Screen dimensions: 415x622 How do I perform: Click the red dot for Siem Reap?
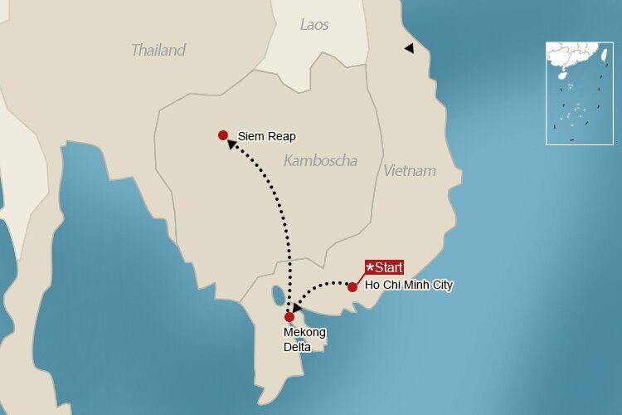[222, 135]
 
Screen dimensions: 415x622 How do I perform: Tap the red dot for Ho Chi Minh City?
[352, 287]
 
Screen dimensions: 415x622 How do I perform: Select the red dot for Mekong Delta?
[289, 317]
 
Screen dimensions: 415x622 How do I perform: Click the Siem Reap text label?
[266, 136]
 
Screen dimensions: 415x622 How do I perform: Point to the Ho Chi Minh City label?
[409, 286]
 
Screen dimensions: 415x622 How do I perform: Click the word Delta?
[297, 347]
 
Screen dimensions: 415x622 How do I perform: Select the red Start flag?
[384, 267]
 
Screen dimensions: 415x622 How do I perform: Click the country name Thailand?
[158, 50]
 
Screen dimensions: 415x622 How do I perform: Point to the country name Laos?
[314, 25]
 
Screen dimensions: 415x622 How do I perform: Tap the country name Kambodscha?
[320, 160]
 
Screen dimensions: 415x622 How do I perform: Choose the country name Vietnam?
[409, 171]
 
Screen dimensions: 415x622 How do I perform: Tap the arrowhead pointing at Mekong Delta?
[296, 308]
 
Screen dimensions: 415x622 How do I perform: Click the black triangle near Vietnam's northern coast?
[409, 49]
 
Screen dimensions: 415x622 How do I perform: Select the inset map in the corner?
[579, 93]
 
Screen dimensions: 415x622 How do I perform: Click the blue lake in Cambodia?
[276, 295]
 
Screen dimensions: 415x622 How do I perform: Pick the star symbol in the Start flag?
[370, 267]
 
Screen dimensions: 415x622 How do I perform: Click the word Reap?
[282, 136]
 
